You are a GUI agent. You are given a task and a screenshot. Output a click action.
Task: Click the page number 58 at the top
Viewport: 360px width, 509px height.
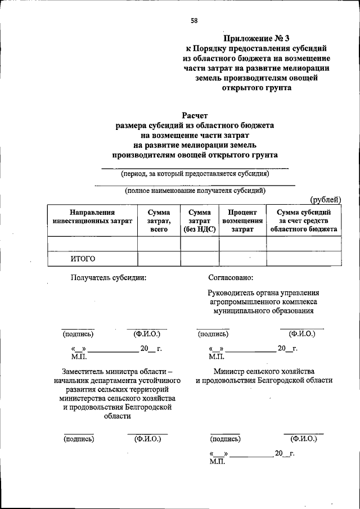click(x=193, y=21)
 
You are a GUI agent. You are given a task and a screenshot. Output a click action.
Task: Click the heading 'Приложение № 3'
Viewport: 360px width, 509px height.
click(x=256, y=38)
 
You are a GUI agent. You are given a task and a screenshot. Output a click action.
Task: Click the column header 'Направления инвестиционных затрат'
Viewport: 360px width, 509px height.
click(x=92, y=217)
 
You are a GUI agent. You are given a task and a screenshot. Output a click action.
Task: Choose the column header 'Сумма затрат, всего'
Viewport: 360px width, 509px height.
click(x=159, y=220)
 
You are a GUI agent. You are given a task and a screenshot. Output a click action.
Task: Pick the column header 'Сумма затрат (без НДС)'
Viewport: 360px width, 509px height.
click(x=200, y=220)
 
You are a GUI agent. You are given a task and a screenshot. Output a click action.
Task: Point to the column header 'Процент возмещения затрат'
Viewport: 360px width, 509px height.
click(x=242, y=220)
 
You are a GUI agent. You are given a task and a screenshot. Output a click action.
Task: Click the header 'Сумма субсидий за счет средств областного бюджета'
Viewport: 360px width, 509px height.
click(x=303, y=220)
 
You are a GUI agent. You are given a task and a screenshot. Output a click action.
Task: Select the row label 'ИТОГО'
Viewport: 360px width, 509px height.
click(x=83, y=259)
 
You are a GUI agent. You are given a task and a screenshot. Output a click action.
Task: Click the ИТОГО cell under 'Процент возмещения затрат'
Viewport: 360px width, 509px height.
click(x=242, y=259)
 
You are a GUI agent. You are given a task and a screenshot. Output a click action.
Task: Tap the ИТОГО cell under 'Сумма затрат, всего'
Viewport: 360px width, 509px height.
click(x=159, y=259)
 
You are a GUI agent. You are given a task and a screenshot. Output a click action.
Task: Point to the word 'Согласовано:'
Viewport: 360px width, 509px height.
click(x=231, y=277)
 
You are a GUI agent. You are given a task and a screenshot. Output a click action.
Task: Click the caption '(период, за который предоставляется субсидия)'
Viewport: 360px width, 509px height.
click(x=195, y=174)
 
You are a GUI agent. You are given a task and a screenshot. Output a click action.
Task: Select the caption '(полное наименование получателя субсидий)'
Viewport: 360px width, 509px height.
click(x=195, y=191)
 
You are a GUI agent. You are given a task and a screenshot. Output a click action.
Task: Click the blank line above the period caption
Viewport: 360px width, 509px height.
click(x=195, y=168)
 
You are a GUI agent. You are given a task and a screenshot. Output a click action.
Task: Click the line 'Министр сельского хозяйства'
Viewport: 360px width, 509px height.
click(x=264, y=371)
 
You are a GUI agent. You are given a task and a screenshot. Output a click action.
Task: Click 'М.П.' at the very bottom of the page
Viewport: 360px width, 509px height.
click(x=217, y=461)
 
